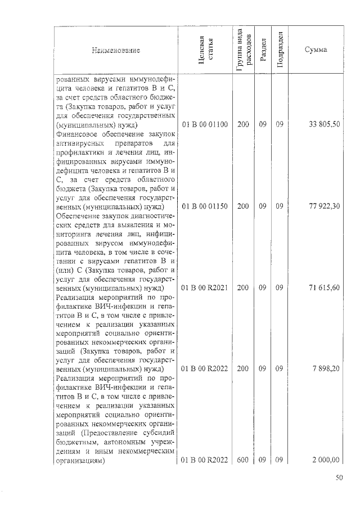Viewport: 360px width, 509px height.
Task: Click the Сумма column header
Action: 316,51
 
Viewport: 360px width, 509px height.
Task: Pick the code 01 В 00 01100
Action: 205,124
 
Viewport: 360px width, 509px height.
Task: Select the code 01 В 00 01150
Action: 205,206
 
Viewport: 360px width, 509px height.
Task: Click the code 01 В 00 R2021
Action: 205,287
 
